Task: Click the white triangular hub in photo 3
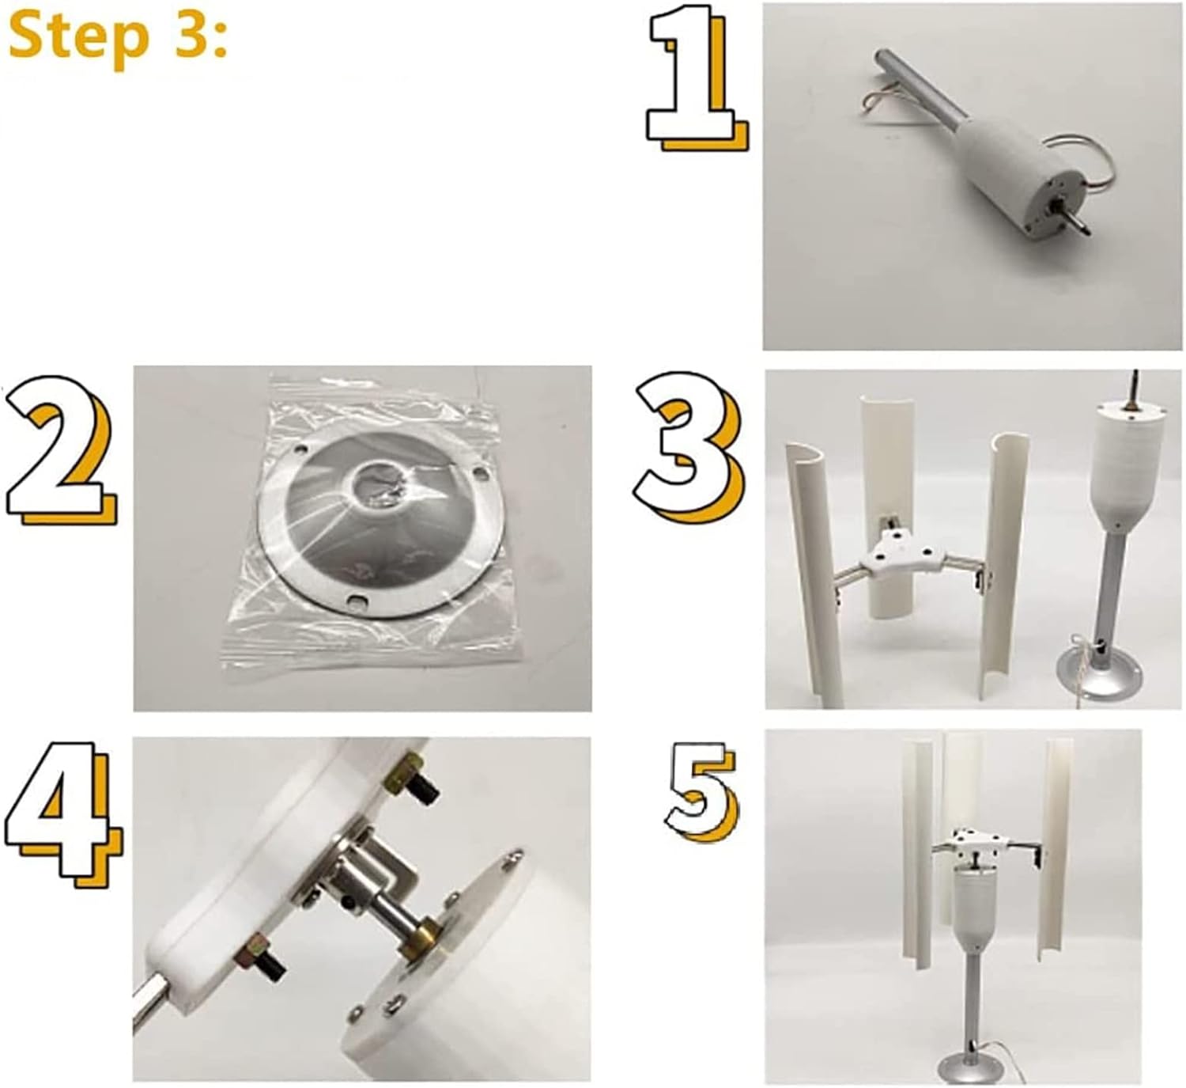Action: pyautogui.click(x=897, y=553)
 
